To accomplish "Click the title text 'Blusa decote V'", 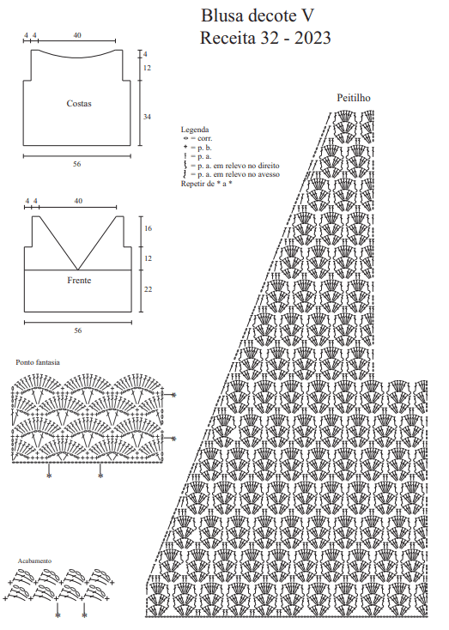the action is coord(258,15).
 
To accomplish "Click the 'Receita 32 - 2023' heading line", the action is coord(265,38).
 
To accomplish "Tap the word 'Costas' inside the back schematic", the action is coord(79,103).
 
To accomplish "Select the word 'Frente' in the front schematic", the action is coord(79,280).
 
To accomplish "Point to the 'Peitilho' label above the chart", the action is coord(354,98).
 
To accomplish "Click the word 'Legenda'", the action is coord(195,130).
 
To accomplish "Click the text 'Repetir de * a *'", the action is coord(207,184).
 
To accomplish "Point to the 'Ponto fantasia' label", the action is coord(38,362).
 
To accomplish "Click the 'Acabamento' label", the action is coord(34,560).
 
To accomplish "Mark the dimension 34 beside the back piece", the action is coord(147,117).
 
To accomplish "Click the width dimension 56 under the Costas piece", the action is coord(76,164).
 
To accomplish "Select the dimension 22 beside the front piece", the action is coord(148,289).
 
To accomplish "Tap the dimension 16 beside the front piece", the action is coord(148,228).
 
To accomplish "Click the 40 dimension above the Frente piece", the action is coord(78,201).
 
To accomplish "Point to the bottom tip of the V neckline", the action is coord(77,270).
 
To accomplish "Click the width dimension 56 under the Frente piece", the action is coord(77,330).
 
